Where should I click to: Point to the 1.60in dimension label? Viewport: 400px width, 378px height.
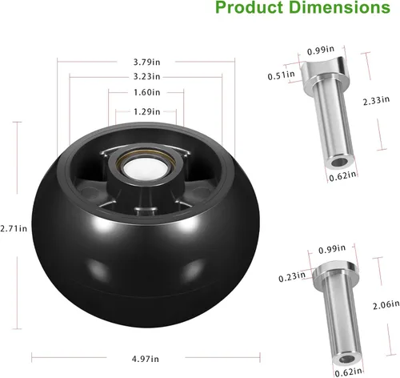pyautogui.click(x=144, y=93)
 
